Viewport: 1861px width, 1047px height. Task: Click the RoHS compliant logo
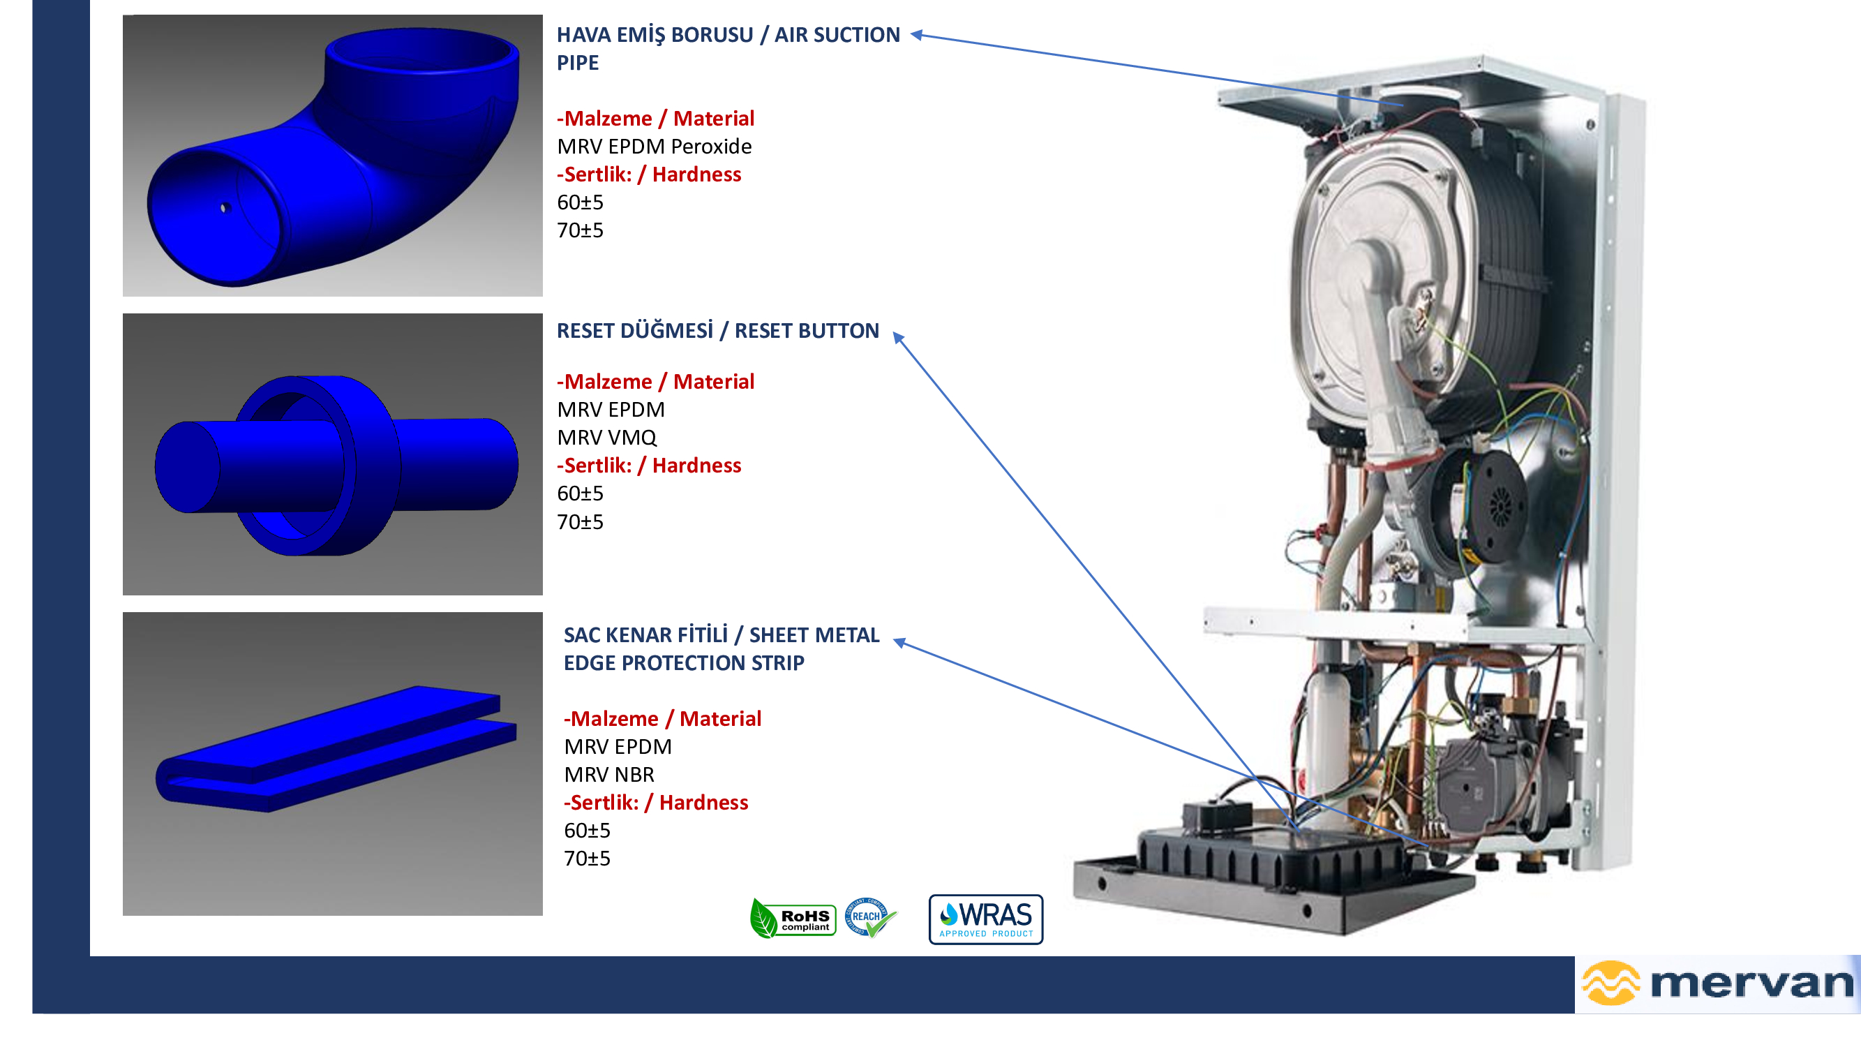click(x=793, y=919)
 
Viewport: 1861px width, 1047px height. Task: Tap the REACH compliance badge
click(x=870, y=917)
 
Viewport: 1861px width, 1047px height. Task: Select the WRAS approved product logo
click(x=985, y=919)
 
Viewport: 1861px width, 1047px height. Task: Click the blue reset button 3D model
click(x=336, y=466)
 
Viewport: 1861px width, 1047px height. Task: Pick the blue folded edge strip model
click(x=336, y=748)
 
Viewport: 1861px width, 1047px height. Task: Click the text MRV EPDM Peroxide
click(x=654, y=147)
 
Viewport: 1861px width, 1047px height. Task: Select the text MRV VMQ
click(x=607, y=438)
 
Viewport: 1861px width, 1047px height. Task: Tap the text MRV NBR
click(x=609, y=775)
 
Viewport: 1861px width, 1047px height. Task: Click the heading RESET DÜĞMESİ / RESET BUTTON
click(x=717, y=331)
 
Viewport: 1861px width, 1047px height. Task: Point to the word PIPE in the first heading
click(x=577, y=63)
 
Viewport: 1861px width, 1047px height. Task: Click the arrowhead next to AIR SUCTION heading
click(x=916, y=34)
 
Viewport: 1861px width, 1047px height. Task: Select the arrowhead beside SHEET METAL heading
click(x=899, y=642)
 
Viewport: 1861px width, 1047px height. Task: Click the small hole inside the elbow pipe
click(x=225, y=208)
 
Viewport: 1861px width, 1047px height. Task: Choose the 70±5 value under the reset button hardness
click(x=580, y=521)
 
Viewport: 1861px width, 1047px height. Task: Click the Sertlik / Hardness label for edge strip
click(x=655, y=803)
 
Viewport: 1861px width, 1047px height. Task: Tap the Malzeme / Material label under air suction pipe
click(x=655, y=119)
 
